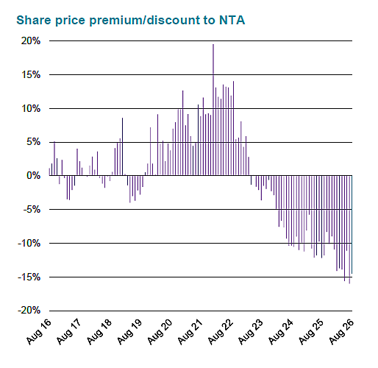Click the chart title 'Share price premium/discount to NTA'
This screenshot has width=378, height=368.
131,21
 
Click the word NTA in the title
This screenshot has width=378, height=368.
232,20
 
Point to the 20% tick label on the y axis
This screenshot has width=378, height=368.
31,40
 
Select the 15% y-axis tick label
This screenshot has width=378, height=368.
31,74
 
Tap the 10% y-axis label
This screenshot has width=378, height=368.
31,108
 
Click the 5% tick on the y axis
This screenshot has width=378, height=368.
34,142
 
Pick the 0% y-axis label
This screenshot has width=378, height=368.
34,176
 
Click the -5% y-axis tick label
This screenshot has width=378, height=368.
32,210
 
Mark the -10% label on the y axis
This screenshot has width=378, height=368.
29,244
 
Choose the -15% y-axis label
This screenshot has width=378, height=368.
29,277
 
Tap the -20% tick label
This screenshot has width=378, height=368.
29,311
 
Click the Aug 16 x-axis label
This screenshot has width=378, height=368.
39,331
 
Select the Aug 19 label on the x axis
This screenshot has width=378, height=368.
129,331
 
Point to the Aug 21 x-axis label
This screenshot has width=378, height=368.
190,331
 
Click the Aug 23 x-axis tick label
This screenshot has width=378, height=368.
251,331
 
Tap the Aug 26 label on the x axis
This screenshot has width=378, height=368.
341,331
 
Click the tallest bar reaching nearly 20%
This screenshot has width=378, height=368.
213,110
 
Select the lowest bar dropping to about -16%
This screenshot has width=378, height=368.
349,230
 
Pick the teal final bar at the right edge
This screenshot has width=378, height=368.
352,224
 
